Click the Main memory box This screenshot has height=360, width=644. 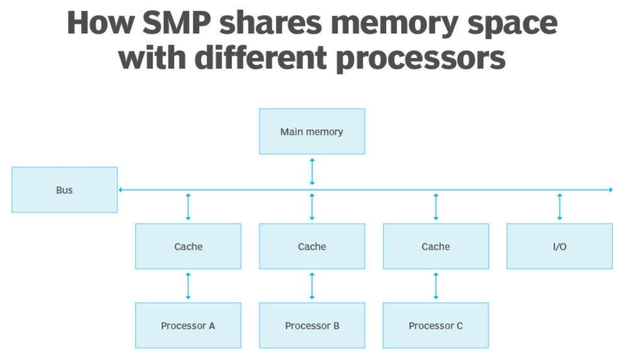(x=312, y=132)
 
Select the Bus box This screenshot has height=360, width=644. (x=65, y=189)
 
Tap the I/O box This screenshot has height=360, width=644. (x=559, y=246)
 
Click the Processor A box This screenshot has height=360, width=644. (x=188, y=325)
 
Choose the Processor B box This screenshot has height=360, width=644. (x=312, y=325)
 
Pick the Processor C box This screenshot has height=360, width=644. (x=435, y=325)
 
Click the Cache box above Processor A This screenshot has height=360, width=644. (x=188, y=246)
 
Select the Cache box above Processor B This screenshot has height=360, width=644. (x=312, y=246)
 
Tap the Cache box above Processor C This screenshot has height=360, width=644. (x=435, y=246)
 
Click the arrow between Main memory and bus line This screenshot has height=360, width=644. (x=312, y=172)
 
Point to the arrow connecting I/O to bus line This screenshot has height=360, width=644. (x=559, y=206)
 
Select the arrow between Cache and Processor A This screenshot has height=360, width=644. (x=188, y=286)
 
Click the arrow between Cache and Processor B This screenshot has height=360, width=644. (x=312, y=286)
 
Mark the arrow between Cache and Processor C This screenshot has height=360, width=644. (x=435, y=286)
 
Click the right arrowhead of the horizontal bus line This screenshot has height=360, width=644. (x=609, y=189)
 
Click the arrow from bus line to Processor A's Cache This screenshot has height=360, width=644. (x=188, y=206)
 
